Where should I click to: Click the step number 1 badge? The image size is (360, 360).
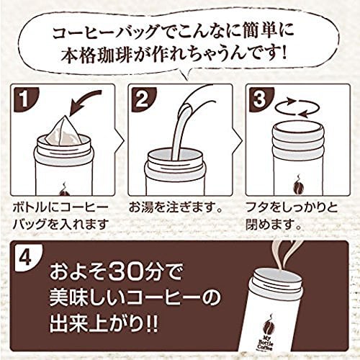click(23, 98)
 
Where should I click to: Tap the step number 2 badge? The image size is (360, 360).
click(141, 98)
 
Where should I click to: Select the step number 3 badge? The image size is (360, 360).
click(258, 98)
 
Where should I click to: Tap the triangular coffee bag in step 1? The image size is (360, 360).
click(64, 132)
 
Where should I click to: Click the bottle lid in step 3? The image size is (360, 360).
click(298, 140)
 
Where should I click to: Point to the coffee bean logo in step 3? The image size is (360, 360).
click(299, 185)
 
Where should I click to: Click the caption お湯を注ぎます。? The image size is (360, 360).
click(174, 207)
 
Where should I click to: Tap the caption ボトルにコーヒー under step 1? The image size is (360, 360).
click(60, 207)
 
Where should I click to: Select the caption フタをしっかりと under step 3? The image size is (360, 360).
click(292, 207)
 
